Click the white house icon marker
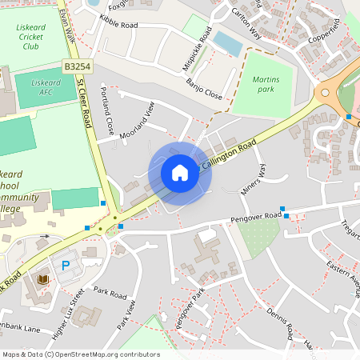pyautogui.click(x=180, y=172)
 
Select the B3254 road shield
pyautogui.click(x=75, y=70)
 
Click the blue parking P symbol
pyautogui.click(x=66, y=264)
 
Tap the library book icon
pyautogui.click(x=43, y=278)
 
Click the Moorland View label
pyautogui.click(x=136, y=122)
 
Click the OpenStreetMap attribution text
pyautogui.click(x=80, y=354)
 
